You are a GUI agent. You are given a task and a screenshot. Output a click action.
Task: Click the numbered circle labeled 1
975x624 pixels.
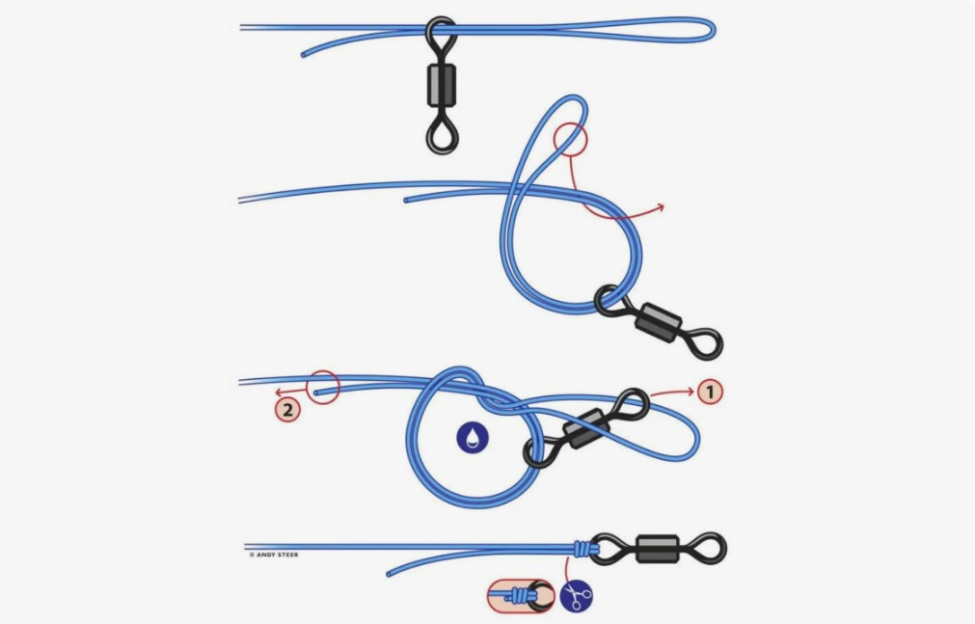click(x=710, y=392)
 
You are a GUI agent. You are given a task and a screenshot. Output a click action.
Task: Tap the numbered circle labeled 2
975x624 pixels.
click(x=287, y=409)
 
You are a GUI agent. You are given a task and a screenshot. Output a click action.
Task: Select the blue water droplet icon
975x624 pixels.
click(x=473, y=437)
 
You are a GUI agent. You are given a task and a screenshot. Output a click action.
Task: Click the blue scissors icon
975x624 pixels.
click(x=577, y=596)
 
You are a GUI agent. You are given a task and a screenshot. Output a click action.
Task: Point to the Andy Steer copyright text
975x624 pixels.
click(x=274, y=555)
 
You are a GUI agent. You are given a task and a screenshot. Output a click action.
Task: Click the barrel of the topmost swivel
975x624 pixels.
click(x=442, y=85)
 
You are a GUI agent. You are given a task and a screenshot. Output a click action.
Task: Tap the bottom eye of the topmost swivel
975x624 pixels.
click(x=442, y=136)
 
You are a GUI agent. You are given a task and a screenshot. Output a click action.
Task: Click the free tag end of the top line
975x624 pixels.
click(x=304, y=55)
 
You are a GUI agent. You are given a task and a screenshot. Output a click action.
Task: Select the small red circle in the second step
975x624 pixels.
click(x=570, y=138)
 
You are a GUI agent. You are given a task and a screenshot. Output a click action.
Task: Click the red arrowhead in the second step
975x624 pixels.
click(x=661, y=207)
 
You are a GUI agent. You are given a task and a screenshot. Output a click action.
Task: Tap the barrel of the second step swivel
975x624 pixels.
click(x=659, y=322)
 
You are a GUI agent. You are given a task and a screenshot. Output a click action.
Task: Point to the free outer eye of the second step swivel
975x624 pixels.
click(x=705, y=343)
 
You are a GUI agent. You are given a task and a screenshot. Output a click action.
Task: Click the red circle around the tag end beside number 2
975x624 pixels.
click(x=323, y=387)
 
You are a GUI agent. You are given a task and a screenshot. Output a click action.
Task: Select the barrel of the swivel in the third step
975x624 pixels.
click(x=585, y=428)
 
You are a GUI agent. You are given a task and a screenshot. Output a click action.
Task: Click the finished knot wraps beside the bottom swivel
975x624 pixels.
click(x=586, y=549)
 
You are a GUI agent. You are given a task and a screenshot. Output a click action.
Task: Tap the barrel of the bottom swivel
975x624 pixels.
click(x=658, y=549)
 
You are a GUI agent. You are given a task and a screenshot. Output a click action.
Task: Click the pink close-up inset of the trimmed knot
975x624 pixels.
click(x=521, y=595)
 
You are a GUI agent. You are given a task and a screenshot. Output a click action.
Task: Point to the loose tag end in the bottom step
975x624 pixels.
click(x=390, y=574)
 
